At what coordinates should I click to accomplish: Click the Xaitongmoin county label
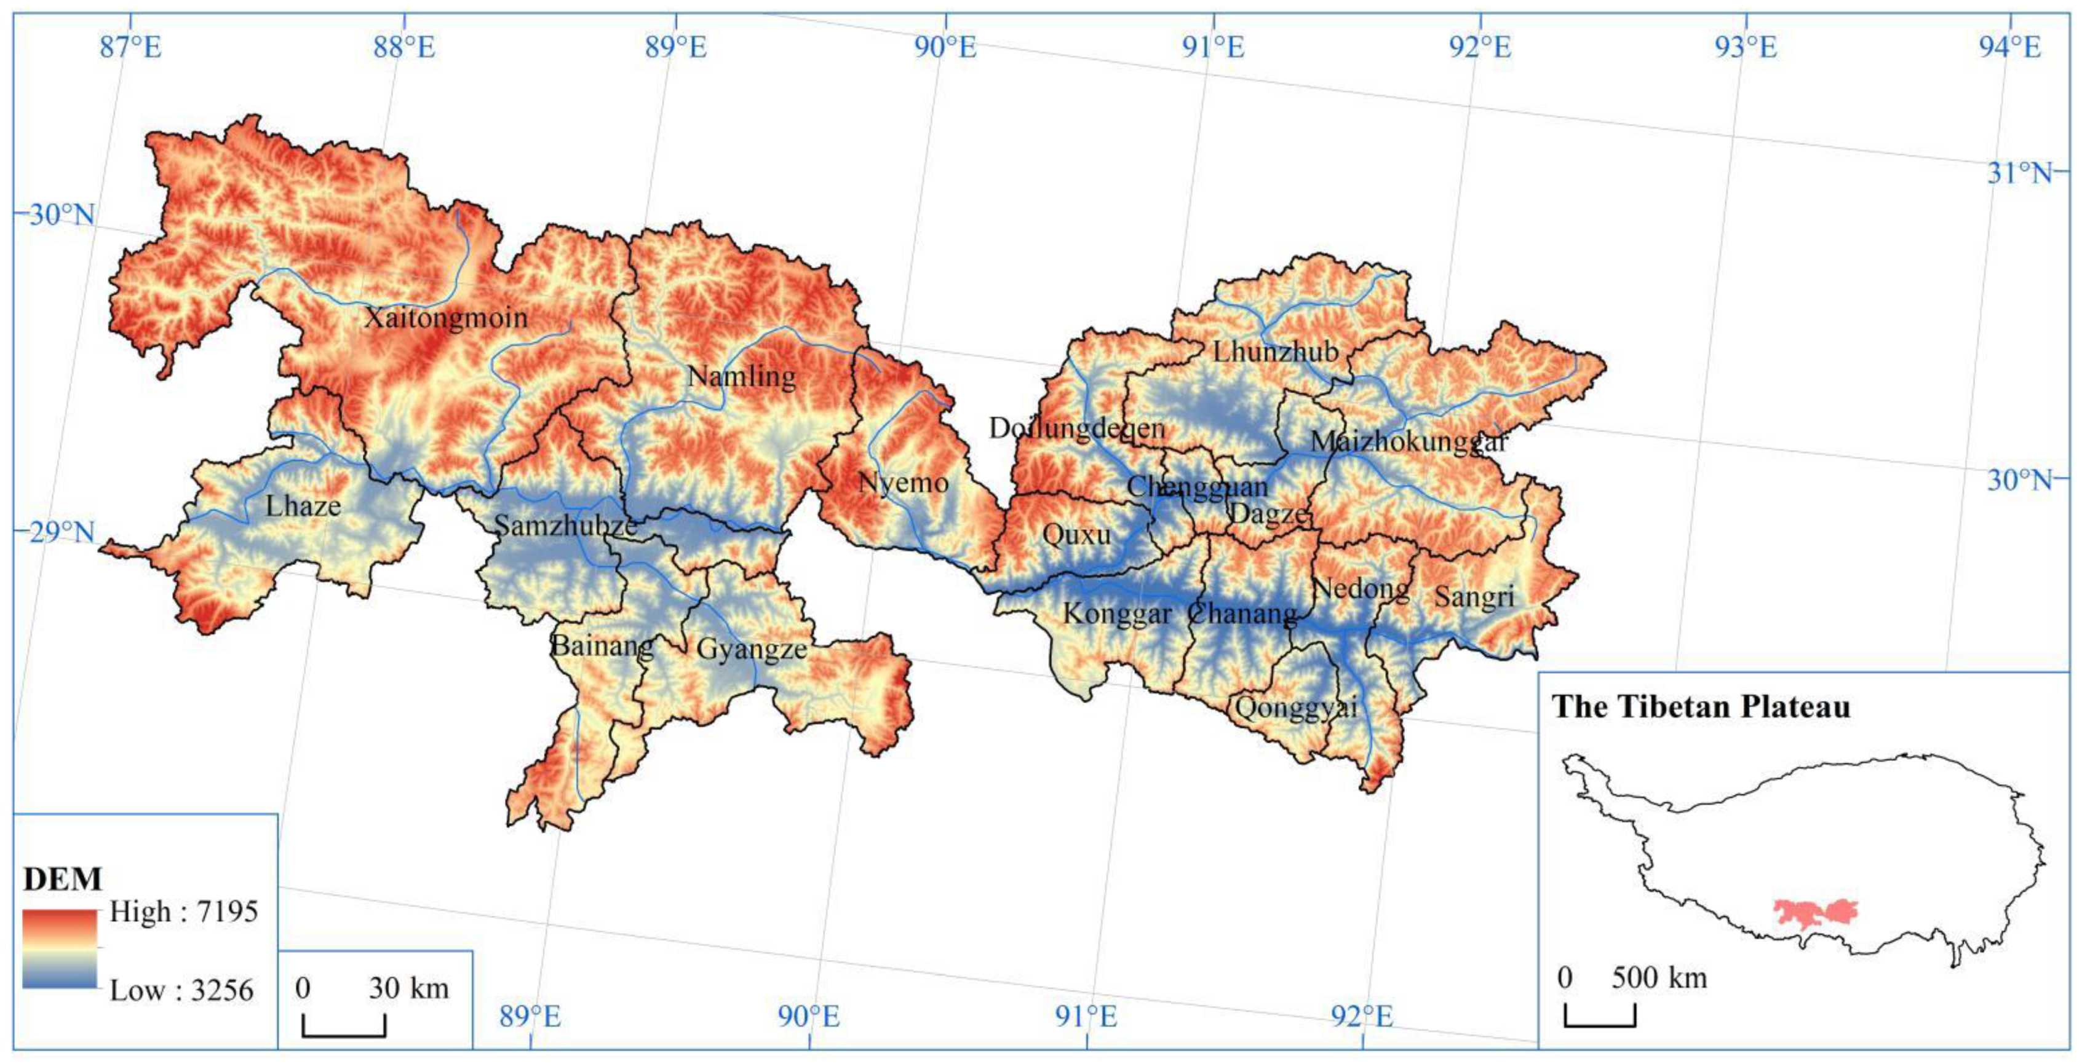coord(445,318)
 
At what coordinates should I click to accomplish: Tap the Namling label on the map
coord(741,376)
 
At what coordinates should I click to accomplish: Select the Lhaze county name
coord(303,506)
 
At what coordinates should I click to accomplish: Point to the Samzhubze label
coord(566,526)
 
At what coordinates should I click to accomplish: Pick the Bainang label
coord(602,645)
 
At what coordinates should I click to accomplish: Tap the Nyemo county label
coord(903,483)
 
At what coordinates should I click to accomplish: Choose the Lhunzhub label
coord(1276,352)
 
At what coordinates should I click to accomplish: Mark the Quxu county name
coord(1076,534)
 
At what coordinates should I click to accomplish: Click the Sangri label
coord(1474,597)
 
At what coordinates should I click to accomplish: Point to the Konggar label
coord(1117,614)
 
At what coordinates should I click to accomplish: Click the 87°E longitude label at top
coord(130,47)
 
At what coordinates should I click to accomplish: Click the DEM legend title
coord(63,879)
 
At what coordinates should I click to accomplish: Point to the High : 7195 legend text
coord(183,912)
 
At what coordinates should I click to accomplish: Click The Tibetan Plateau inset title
coord(1701,707)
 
